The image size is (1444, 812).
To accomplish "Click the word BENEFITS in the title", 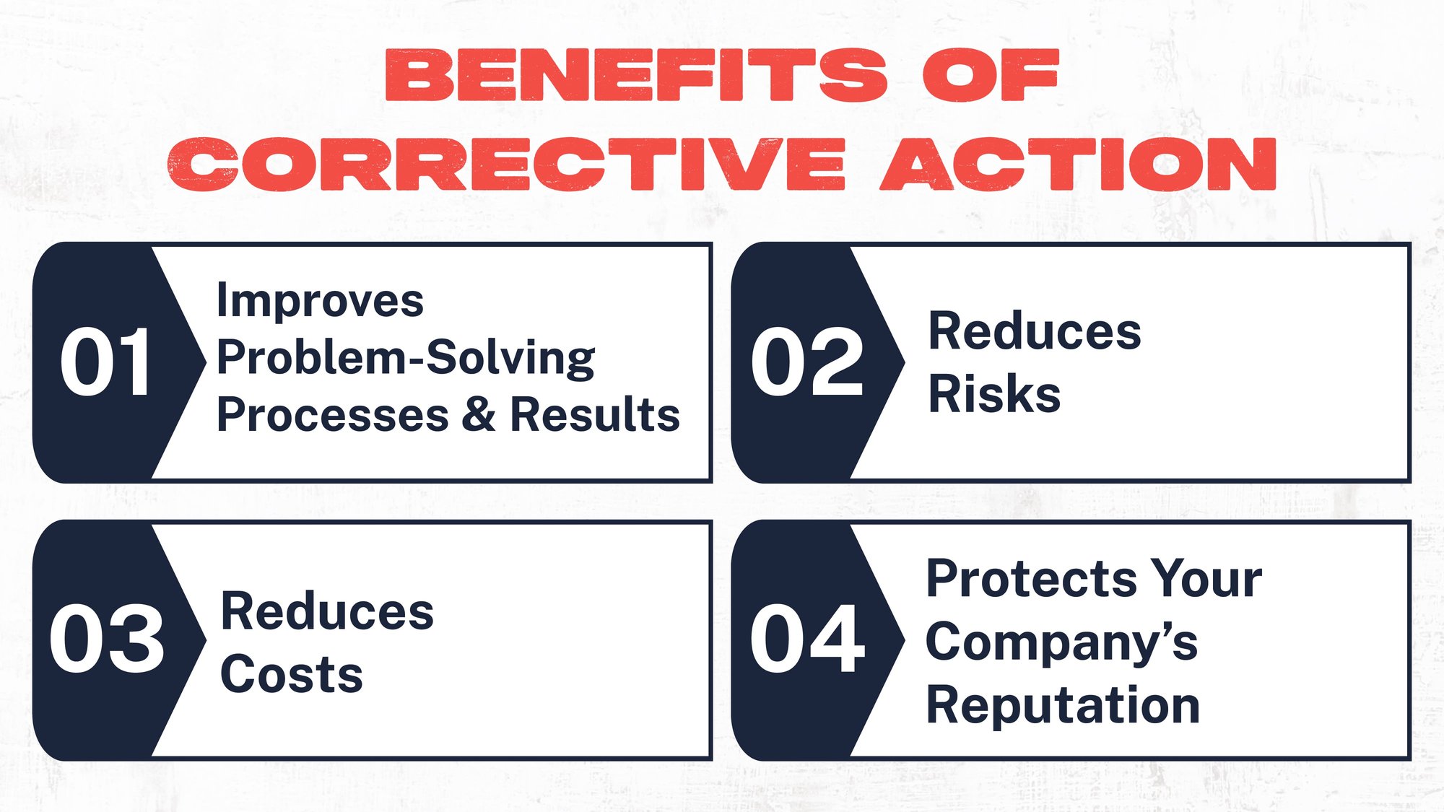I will (x=636, y=75).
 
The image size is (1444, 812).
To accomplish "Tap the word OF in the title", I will (x=991, y=75).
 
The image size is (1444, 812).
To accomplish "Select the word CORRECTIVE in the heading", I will (x=506, y=164).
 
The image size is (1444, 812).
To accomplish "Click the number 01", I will (x=105, y=362).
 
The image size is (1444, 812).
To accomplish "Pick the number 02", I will (x=806, y=362).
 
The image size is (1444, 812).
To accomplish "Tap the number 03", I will (x=107, y=639).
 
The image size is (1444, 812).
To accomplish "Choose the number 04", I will (x=806, y=639).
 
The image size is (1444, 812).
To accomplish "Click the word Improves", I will (x=320, y=301).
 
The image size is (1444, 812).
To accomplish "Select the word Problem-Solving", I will (x=406, y=359).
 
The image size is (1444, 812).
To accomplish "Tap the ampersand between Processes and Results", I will (x=479, y=415).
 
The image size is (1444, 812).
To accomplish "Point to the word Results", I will (x=595, y=415).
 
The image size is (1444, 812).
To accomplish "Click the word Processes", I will (x=333, y=415).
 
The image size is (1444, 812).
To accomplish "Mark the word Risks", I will (x=994, y=394).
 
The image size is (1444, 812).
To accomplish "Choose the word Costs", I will (x=291, y=675).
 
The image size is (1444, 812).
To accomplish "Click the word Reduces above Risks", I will (x=1034, y=332).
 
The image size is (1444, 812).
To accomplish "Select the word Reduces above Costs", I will (x=326, y=612).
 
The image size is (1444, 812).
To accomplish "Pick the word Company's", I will (x=1061, y=643).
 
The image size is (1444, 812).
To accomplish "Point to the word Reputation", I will (x=1063, y=705).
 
